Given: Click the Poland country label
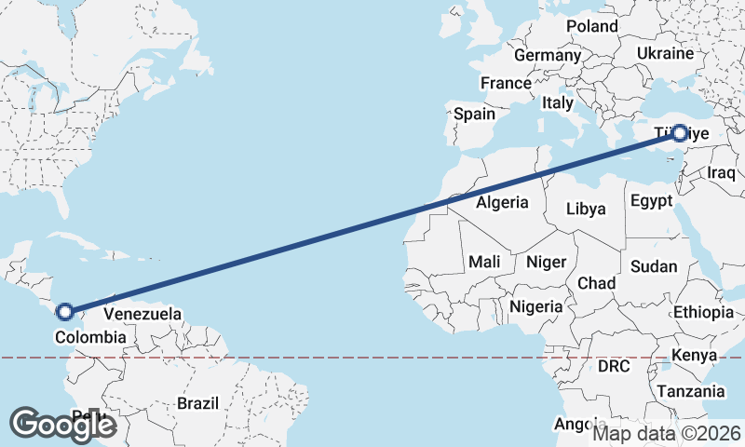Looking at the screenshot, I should coord(591,26).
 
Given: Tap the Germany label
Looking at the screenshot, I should coord(548,56).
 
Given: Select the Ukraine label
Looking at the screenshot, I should coord(666,54).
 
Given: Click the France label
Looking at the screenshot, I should coord(506,84).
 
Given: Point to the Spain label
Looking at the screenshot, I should coord(474,115).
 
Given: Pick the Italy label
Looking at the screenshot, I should coord(558,102).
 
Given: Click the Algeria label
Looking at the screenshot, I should coord(502,202).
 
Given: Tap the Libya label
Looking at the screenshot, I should coord(586,209).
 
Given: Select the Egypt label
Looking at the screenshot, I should coord(649,201).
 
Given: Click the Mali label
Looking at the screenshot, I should coord(485,263).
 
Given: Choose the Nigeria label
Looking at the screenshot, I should coord(536,306).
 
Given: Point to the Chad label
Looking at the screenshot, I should coord(596,283).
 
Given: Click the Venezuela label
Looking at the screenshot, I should coord(142,315).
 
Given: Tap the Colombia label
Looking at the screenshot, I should coord(90,337).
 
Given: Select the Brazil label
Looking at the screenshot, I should coord(197,403).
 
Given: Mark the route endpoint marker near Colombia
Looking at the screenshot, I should coord(65,312).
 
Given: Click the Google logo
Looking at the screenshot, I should coord(62,425).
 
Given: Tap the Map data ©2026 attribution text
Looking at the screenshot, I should coord(667,433).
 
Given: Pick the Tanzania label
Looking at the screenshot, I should coord(691,392).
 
